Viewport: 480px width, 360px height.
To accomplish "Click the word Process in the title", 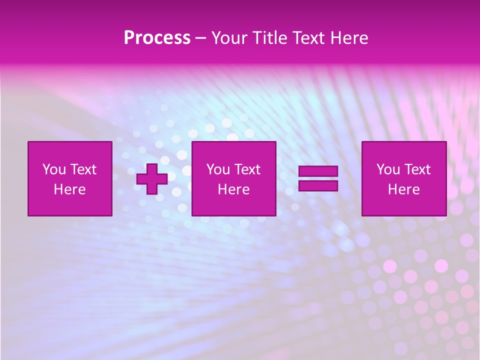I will click(x=157, y=38).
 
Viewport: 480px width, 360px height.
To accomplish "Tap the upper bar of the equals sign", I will click(x=318, y=171).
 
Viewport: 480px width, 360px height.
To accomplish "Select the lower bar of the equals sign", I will click(x=318, y=186).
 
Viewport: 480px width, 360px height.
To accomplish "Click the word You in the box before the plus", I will click(x=54, y=169).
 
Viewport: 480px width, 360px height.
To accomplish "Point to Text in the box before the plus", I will click(x=83, y=169).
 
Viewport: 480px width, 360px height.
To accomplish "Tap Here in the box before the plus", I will click(x=69, y=189).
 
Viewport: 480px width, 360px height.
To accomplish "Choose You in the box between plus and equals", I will click(x=218, y=169).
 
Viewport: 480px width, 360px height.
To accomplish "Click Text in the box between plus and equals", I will click(x=247, y=169).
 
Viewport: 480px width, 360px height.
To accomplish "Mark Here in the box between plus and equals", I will click(x=233, y=189).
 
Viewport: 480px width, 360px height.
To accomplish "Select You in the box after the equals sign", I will click(x=388, y=169).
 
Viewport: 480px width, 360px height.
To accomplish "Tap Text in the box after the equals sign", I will click(x=417, y=169).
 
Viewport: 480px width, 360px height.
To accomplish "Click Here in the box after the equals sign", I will click(x=403, y=189).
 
